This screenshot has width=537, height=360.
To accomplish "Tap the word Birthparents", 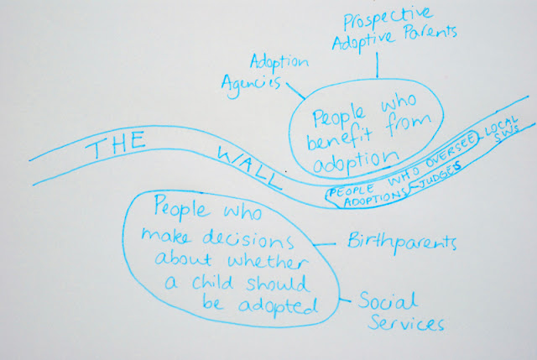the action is click(401, 244).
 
